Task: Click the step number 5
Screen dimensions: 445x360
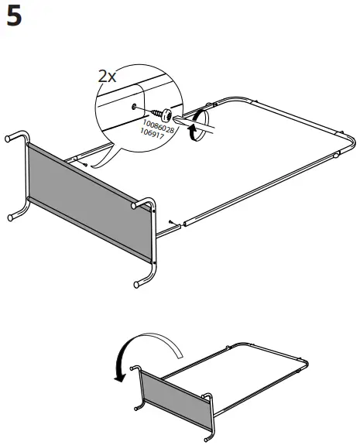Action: pyautogui.click(x=14, y=16)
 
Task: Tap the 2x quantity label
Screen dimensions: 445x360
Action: pyautogui.click(x=107, y=76)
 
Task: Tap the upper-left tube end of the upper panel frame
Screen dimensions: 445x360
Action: pyautogui.click(x=11, y=139)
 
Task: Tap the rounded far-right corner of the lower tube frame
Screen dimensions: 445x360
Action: pyautogui.click(x=307, y=365)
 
